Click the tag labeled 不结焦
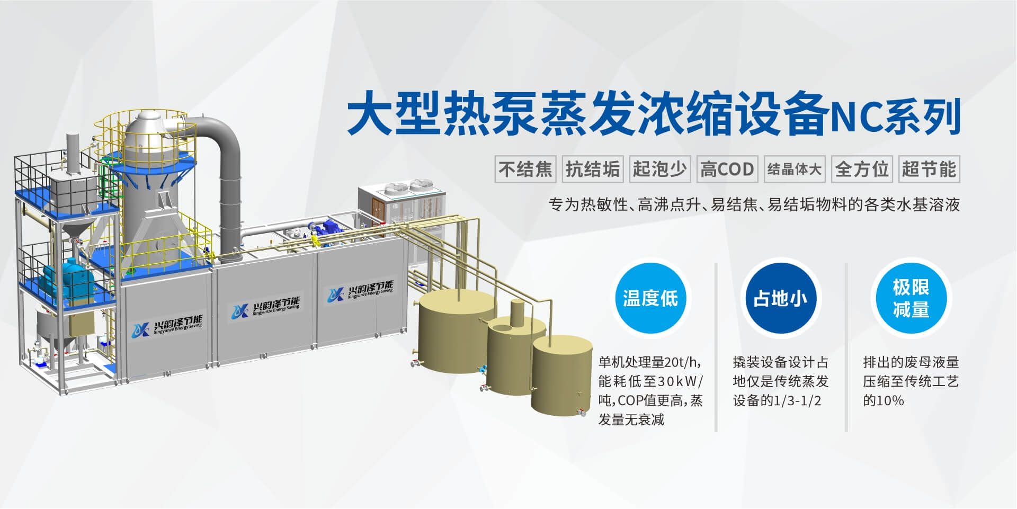pyautogui.click(x=525, y=169)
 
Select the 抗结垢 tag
pyautogui.click(x=593, y=169)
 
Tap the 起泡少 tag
pyautogui.click(x=660, y=169)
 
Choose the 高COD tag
pyautogui.click(x=727, y=169)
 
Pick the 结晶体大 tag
pyautogui.click(x=795, y=169)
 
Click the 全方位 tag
pyautogui.click(x=862, y=169)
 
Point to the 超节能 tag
pyautogui.click(x=929, y=169)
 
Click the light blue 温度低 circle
pyautogui.click(x=650, y=298)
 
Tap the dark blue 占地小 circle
pyautogui.click(x=780, y=298)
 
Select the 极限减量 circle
pyautogui.click(x=911, y=298)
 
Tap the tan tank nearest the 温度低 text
pyautogui.click(x=562, y=374)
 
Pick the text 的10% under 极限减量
pyautogui.click(x=884, y=400)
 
